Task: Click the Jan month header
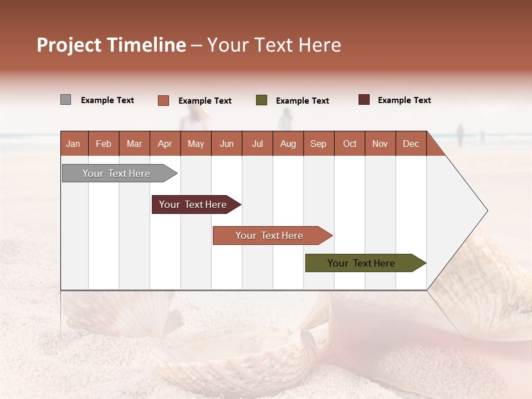[74, 144]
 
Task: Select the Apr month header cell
[165, 144]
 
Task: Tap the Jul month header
[258, 144]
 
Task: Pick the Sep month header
[319, 144]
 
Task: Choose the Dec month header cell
[411, 144]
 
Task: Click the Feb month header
[104, 144]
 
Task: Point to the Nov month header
[380, 144]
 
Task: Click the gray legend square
[65, 100]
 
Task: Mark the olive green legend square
[262, 100]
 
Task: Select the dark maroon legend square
[364, 100]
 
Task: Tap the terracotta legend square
[163, 100]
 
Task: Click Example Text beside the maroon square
[404, 100]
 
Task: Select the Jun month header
[227, 144]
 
